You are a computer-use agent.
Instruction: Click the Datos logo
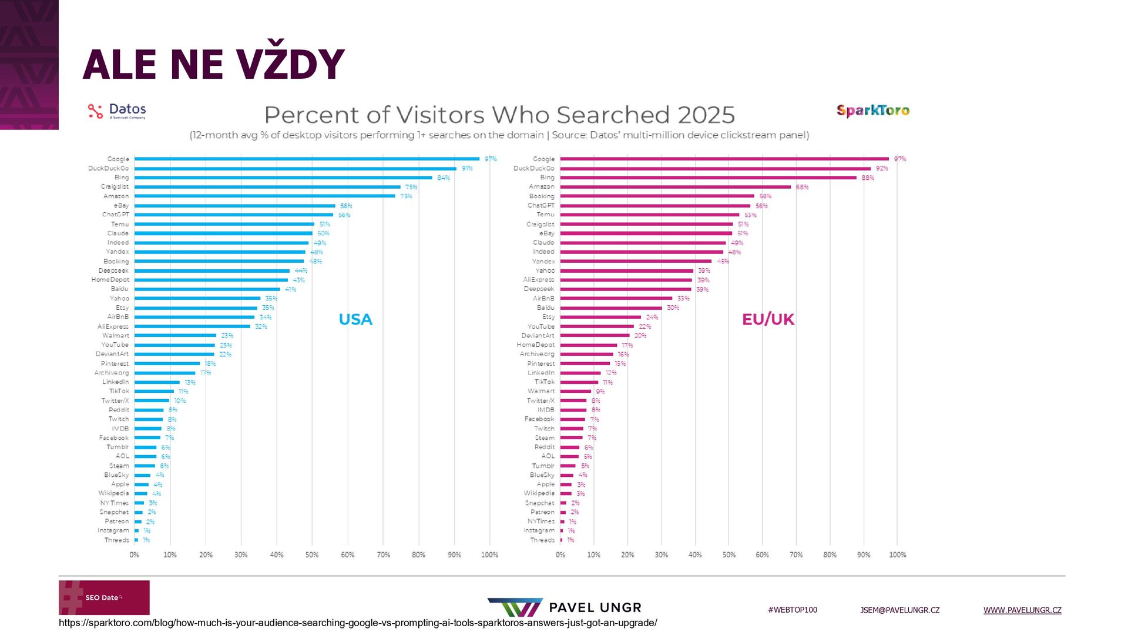(117, 111)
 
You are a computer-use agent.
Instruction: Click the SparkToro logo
(873, 111)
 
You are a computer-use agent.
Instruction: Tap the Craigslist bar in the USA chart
(267, 187)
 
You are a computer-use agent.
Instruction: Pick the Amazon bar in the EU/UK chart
(676, 187)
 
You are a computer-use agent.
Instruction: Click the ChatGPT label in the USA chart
(116, 215)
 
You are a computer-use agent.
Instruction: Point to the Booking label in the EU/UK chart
(541, 196)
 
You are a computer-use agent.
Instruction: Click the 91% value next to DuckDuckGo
(467, 168)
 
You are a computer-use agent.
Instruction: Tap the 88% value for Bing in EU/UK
(868, 178)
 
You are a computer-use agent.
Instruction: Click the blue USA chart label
(355, 319)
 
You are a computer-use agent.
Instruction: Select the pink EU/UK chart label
(768, 319)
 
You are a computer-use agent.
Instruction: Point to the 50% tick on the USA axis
(312, 554)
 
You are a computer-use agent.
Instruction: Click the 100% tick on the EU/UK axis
(897, 554)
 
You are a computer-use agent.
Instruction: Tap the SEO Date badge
(104, 597)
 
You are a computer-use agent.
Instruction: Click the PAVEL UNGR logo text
(595, 607)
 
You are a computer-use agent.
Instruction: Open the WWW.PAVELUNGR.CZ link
(1022, 610)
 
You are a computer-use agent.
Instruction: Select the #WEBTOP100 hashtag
(793, 610)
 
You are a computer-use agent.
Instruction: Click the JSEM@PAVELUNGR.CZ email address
(899, 610)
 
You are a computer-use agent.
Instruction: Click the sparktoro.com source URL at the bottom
(358, 623)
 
